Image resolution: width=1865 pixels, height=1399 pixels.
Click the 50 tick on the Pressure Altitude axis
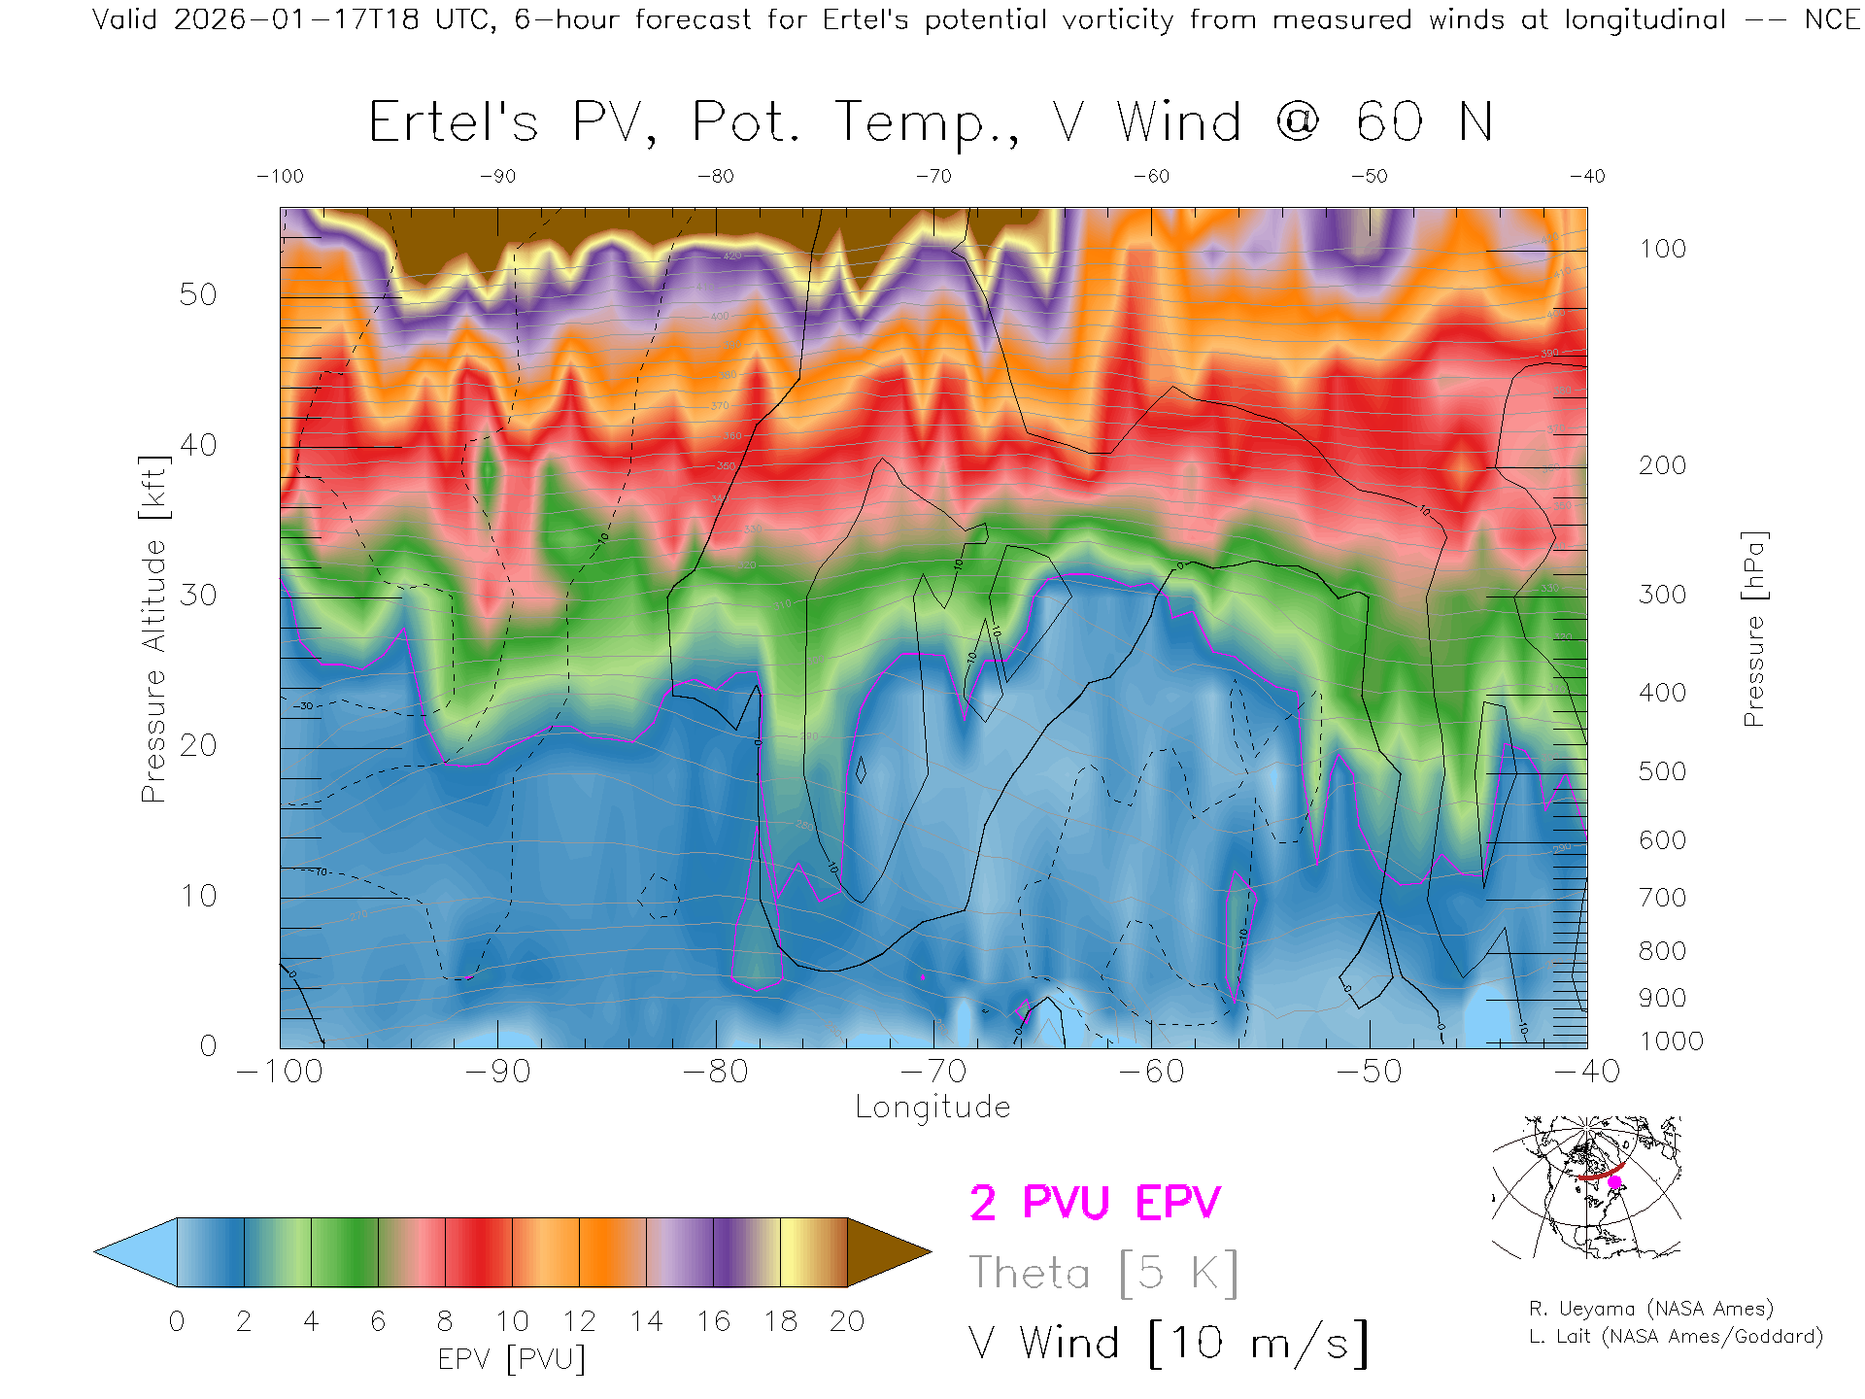click(x=197, y=294)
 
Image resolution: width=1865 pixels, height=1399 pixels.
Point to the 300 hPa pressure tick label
click(x=1662, y=595)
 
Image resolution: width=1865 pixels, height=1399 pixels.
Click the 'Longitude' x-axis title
click(x=932, y=1108)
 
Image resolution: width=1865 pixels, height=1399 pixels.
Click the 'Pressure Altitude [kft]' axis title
click(x=153, y=629)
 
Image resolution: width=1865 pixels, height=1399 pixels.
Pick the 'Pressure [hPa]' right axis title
click(x=1754, y=629)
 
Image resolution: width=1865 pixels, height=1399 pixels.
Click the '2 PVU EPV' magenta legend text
click(x=1095, y=1203)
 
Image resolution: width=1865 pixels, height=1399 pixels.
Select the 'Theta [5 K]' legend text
click(x=1103, y=1273)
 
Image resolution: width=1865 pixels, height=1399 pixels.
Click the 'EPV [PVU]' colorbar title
click(x=512, y=1359)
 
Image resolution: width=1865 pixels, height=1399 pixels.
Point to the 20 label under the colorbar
click(x=847, y=1321)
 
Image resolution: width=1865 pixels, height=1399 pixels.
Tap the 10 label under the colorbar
click(x=512, y=1321)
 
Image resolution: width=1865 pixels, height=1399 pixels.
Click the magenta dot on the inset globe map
click(x=1615, y=1182)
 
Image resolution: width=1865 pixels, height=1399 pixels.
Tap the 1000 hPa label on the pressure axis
click(x=1672, y=1041)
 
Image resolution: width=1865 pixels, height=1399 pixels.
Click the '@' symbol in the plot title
click(x=1299, y=122)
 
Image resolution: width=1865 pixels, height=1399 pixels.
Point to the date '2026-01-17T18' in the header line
click(x=296, y=19)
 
